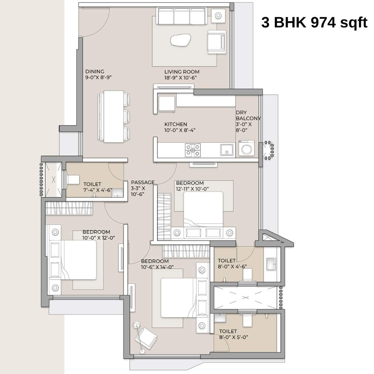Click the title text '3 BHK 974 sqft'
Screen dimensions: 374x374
[x=314, y=23]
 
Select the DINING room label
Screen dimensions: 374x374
[x=95, y=71]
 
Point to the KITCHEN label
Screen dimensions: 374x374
[x=176, y=124]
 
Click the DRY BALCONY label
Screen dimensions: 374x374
[x=248, y=115]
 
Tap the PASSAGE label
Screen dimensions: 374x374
[x=143, y=182]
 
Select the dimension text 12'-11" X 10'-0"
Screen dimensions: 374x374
[x=192, y=189]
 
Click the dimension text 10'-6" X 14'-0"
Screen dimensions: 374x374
[x=157, y=267]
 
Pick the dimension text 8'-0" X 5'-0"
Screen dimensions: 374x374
[x=233, y=337]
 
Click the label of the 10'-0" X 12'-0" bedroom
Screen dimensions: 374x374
[x=96, y=232]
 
